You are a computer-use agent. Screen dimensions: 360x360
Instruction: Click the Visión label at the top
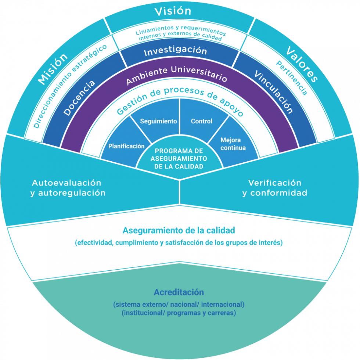click(173, 11)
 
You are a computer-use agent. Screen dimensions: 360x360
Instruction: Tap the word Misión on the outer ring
click(53, 69)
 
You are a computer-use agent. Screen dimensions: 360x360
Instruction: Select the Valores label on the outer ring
click(302, 64)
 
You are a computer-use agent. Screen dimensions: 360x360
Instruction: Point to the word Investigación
click(176, 51)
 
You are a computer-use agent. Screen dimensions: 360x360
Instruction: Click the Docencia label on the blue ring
click(79, 98)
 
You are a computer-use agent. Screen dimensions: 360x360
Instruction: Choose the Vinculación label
click(274, 92)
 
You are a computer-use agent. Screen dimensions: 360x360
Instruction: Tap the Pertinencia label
click(292, 78)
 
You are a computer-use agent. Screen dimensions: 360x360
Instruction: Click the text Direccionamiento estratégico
click(70, 86)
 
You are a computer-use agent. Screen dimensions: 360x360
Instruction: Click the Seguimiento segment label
click(158, 121)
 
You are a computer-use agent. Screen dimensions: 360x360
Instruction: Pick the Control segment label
click(202, 121)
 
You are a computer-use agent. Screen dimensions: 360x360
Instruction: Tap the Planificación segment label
click(126, 146)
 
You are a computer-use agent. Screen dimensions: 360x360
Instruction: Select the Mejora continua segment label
click(233, 144)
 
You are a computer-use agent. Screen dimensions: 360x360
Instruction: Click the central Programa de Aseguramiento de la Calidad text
click(179, 159)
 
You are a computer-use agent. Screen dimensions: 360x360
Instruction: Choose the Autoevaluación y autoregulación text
click(68, 188)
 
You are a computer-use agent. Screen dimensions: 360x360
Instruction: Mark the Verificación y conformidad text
click(275, 188)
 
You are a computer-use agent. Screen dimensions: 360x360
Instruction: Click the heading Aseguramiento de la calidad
click(179, 230)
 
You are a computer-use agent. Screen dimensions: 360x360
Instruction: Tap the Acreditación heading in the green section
click(179, 292)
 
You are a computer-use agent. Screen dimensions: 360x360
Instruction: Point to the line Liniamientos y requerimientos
click(181, 30)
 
